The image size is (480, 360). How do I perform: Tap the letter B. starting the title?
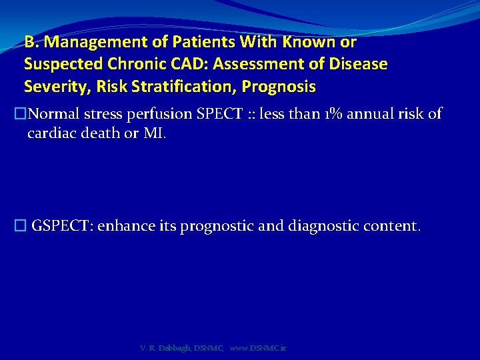[31, 42]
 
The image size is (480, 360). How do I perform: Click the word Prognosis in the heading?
[279, 87]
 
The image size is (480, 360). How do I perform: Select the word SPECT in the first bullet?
[221, 114]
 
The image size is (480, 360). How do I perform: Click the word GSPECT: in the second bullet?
[63, 226]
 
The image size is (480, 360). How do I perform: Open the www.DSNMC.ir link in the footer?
[258, 349]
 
